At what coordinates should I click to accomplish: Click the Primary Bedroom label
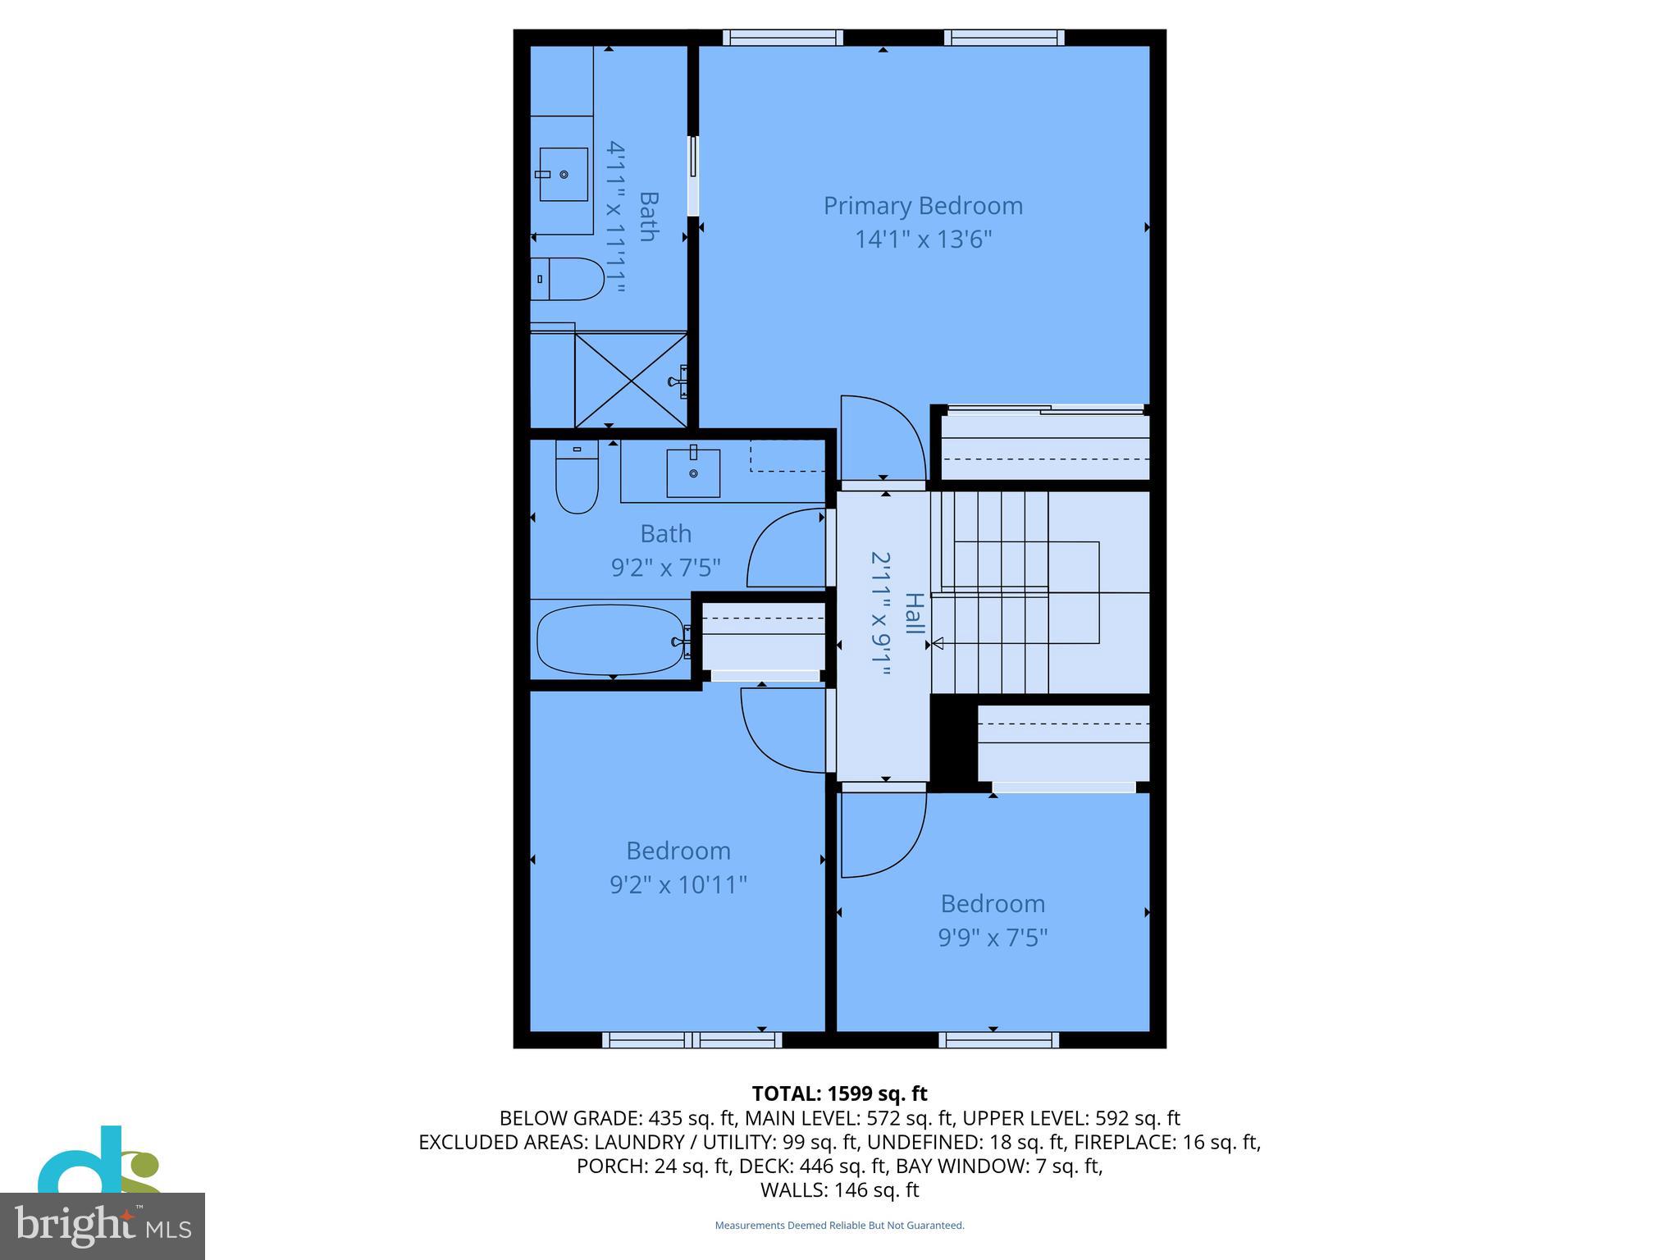(923, 206)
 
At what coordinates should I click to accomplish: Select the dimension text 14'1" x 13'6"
(924, 240)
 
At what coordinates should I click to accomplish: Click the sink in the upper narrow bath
(564, 174)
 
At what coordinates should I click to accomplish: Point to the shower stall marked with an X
(630, 379)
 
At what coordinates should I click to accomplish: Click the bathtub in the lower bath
(609, 640)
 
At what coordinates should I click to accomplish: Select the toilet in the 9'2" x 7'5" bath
(577, 477)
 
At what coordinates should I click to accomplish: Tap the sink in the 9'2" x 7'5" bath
(693, 473)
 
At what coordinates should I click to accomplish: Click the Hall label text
(914, 614)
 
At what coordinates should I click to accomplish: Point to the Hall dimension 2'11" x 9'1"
(880, 614)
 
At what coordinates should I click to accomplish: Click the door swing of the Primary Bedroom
(879, 439)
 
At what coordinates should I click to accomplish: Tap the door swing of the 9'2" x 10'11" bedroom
(783, 730)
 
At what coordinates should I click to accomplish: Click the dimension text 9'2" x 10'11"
(678, 885)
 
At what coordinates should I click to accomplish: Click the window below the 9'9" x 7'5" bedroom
(998, 1040)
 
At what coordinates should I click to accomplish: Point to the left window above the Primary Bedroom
(783, 38)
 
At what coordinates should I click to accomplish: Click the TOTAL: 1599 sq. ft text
(839, 1093)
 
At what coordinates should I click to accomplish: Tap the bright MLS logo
(103, 1226)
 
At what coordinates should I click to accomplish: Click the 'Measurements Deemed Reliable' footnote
(839, 1226)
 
